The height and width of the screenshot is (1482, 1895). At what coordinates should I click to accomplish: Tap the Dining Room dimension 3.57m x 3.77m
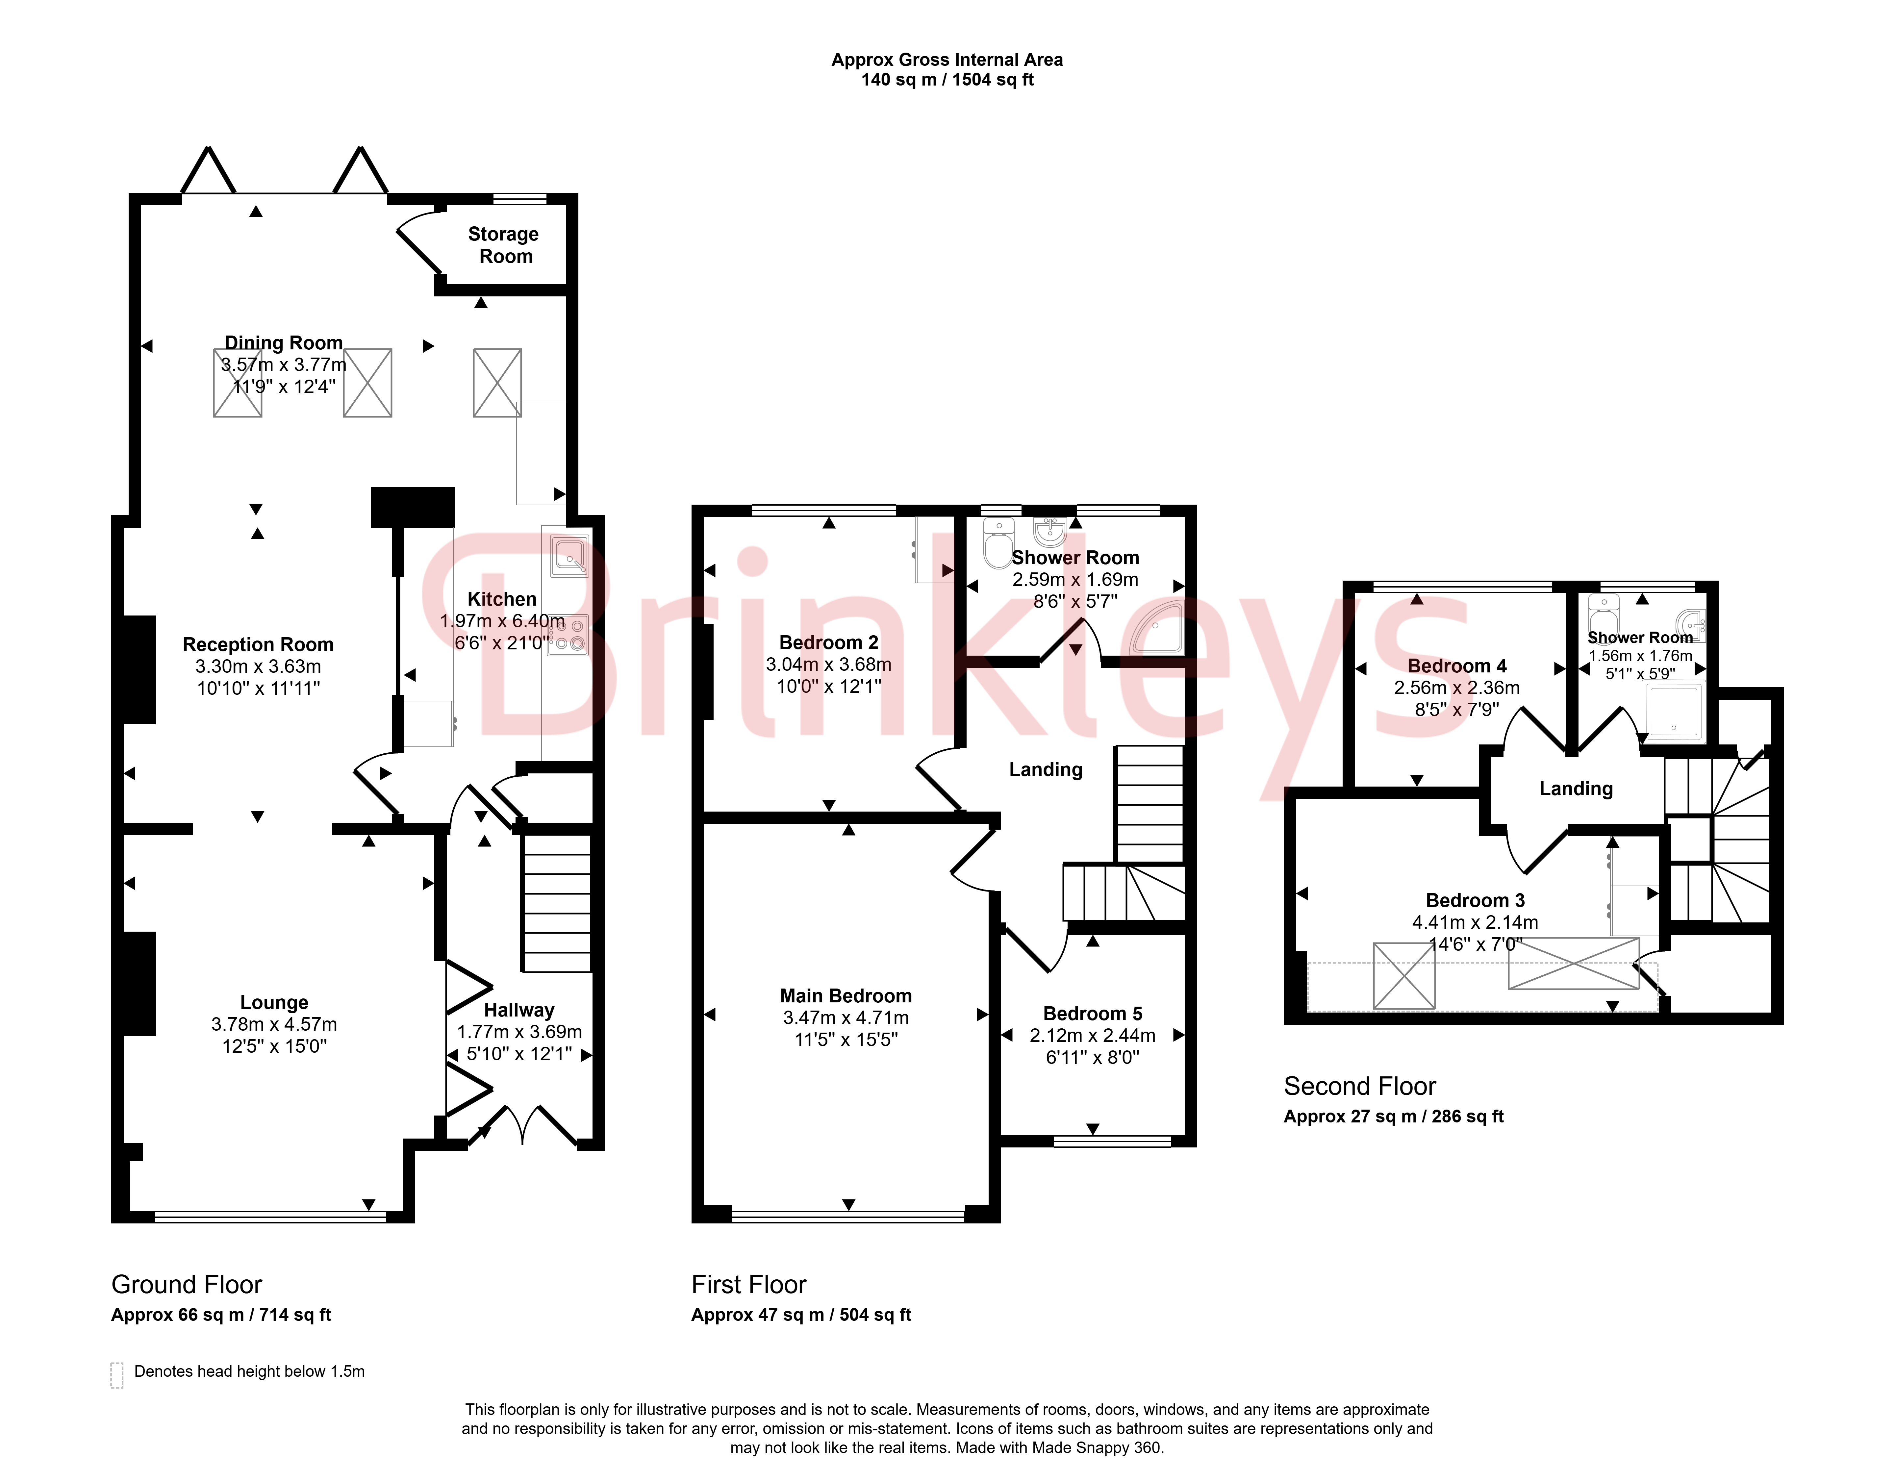[x=284, y=364]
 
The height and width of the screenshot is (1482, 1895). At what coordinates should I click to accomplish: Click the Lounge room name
[x=274, y=1002]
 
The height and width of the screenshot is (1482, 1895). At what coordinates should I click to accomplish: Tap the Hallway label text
[x=519, y=1010]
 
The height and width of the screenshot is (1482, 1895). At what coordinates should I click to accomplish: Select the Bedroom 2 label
[x=829, y=642]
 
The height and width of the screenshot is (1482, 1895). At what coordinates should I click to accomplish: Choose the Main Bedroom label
[x=846, y=995]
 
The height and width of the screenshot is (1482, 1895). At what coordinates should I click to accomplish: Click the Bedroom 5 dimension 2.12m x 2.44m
[x=1092, y=1035]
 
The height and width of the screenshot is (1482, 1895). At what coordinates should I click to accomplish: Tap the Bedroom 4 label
[x=1457, y=666]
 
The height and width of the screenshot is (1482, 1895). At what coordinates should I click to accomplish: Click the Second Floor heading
[x=1360, y=1086]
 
